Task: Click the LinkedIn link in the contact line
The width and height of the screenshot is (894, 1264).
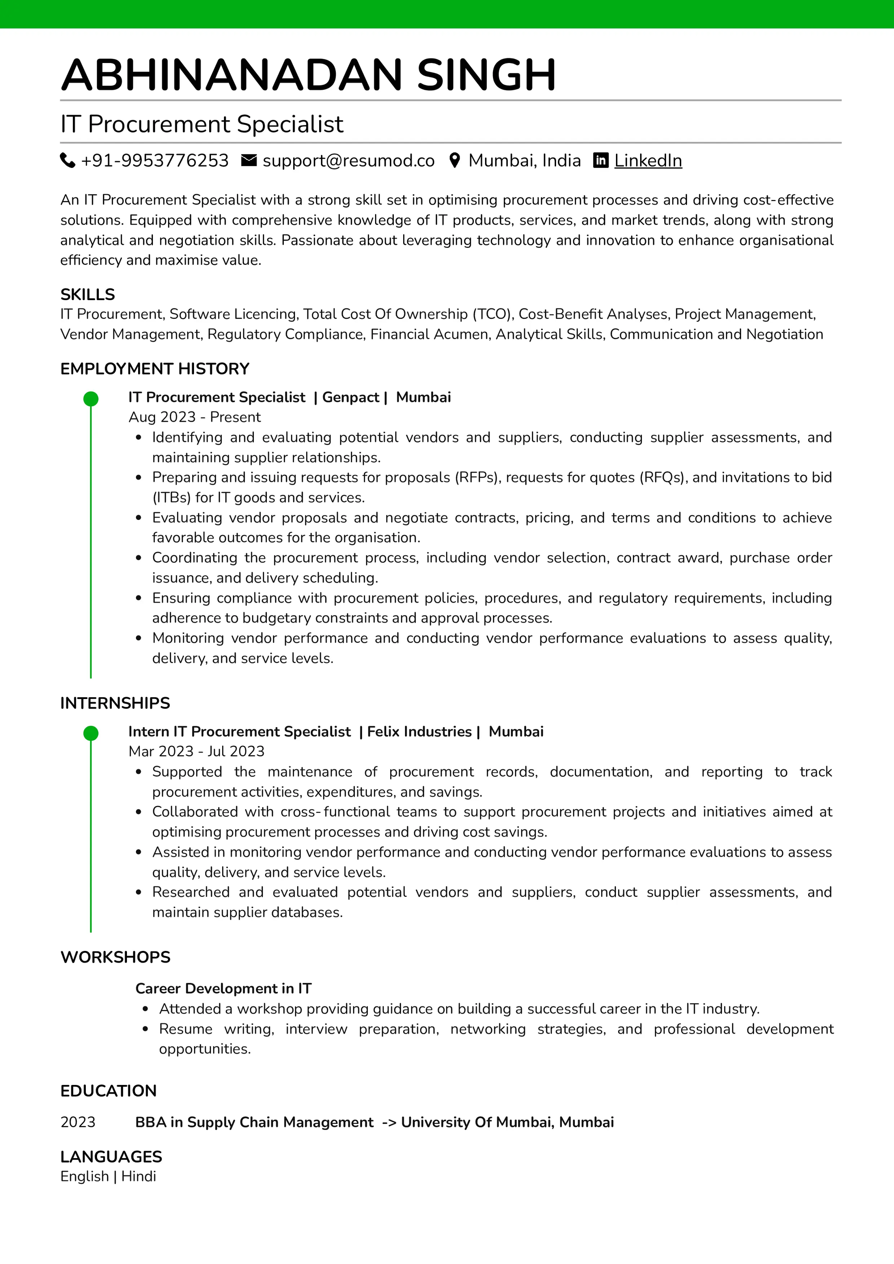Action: tap(648, 161)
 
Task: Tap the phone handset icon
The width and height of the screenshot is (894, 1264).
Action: tap(67, 160)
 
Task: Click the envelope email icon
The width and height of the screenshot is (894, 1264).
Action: tap(249, 160)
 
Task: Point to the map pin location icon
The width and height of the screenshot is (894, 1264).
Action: tap(455, 160)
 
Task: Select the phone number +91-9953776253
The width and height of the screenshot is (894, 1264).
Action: tap(154, 161)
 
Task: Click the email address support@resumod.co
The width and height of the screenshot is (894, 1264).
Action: tap(348, 161)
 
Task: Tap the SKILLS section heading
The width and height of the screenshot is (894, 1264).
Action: tap(88, 294)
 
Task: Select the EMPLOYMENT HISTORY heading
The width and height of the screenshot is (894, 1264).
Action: tap(155, 369)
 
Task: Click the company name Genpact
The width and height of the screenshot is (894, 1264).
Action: tap(350, 398)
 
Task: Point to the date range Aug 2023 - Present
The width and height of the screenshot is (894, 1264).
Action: tap(194, 417)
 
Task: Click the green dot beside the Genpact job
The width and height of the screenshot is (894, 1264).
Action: tap(91, 398)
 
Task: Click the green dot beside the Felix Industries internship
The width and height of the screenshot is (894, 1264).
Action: tap(91, 733)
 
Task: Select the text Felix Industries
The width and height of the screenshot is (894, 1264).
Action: tap(419, 732)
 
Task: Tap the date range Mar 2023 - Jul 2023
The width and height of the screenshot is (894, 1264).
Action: tap(196, 751)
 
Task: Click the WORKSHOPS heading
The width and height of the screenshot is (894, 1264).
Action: tap(115, 957)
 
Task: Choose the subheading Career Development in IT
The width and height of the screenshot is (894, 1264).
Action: tap(223, 989)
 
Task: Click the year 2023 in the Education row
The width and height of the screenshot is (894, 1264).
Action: tap(78, 1122)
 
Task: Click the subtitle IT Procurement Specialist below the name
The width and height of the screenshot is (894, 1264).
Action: tap(202, 124)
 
